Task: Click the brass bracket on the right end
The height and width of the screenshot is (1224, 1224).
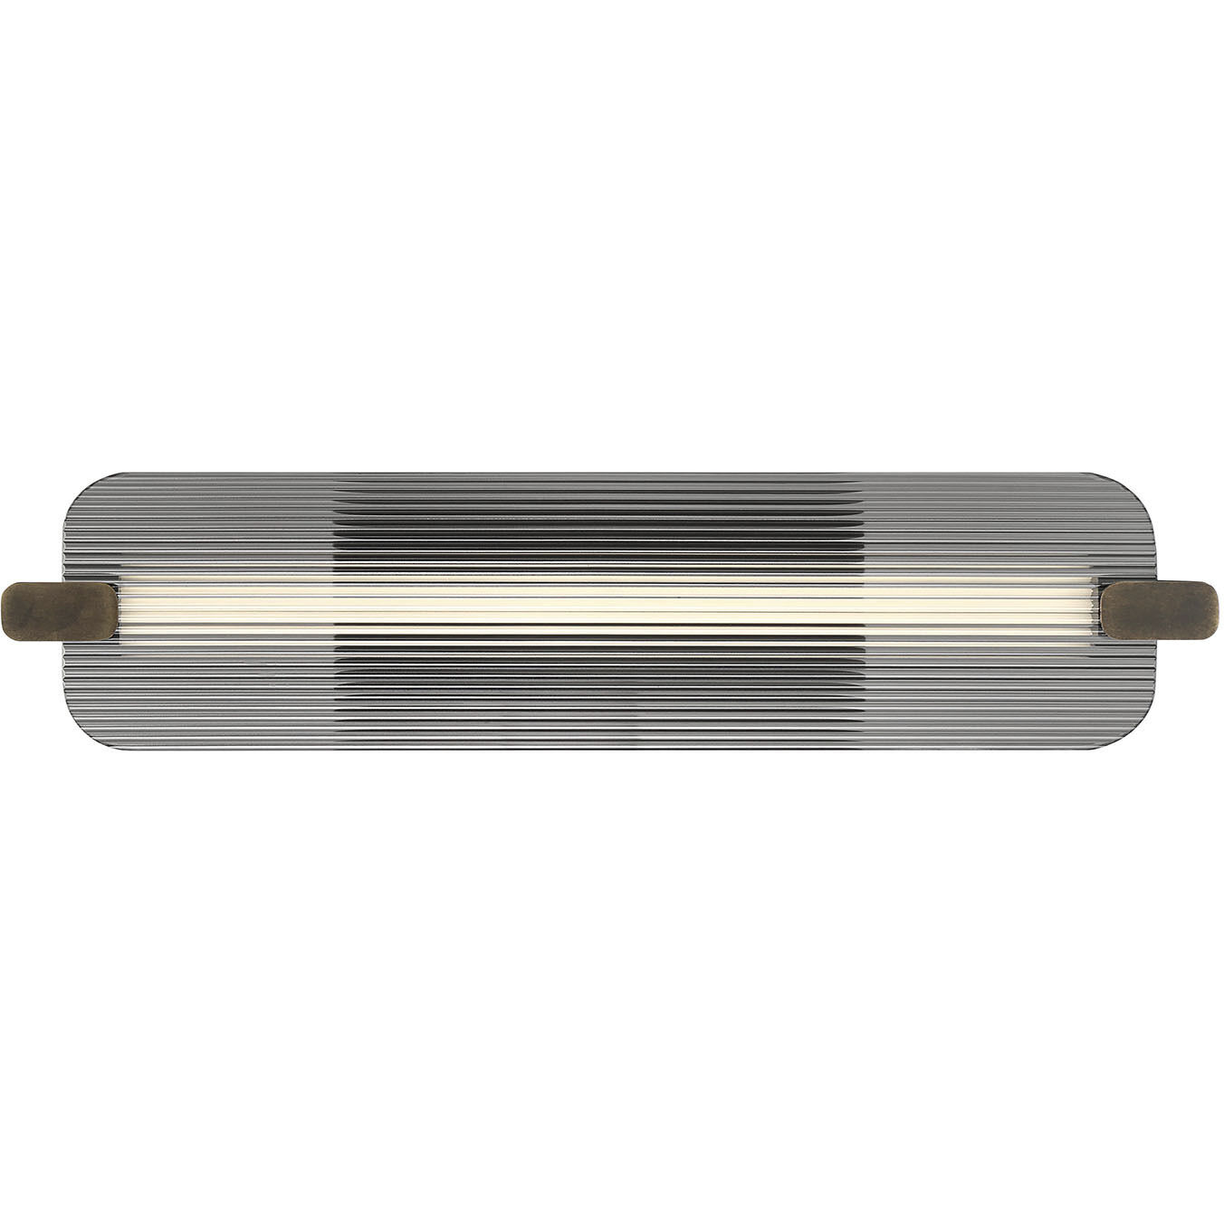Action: tap(1162, 608)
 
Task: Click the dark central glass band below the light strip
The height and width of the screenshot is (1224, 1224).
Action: tap(598, 688)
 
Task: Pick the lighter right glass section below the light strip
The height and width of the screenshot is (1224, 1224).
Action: tap(987, 688)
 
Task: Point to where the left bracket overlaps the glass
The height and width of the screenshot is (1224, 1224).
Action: tap(91, 608)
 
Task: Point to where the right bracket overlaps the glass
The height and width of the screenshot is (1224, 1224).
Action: tap(1132, 608)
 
